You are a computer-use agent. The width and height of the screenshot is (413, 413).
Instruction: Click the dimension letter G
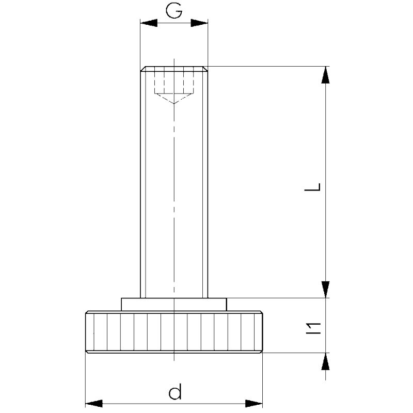click(x=174, y=11)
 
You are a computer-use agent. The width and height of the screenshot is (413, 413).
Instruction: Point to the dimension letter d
click(x=175, y=393)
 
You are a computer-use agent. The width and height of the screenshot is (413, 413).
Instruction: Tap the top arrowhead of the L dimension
click(x=325, y=75)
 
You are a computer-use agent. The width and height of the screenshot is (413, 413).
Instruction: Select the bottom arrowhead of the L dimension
click(x=325, y=290)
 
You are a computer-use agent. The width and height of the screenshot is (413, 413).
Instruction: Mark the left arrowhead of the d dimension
click(x=93, y=403)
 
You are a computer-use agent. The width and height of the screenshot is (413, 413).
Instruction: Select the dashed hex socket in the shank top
click(x=174, y=83)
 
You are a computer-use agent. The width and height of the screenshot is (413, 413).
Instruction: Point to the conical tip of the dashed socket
click(x=174, y=102)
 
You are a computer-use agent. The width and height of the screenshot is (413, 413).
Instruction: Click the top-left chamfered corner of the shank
click(x=142, y=69)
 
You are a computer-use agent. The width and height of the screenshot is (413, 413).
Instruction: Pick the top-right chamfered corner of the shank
click(x=206, y=69)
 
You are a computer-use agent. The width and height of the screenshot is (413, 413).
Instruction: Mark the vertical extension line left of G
click(x=140, y=44)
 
